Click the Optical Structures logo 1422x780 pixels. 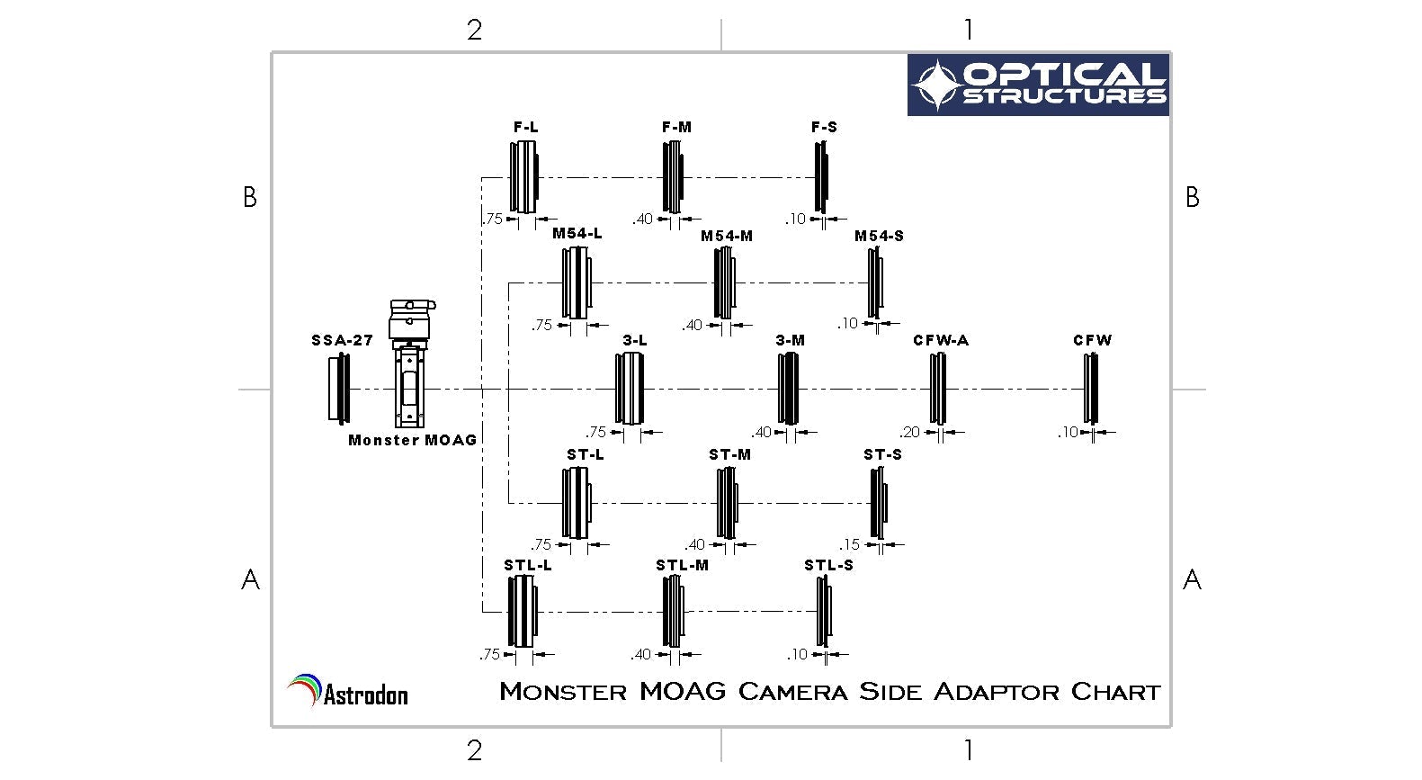click(1038, 85)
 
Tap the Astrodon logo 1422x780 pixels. click(348, 692)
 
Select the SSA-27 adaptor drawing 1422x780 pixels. click(339, 389)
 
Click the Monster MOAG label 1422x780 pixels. click(412, 440)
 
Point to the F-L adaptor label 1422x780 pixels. click(526, 128)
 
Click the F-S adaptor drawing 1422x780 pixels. click(821, 179)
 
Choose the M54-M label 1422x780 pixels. click(727, 236)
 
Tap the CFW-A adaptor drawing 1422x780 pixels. click(938, 389)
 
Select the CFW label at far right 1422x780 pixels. click(1092, 340)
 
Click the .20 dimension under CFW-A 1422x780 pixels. click(910, 432)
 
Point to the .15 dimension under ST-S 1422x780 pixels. click(850, 544)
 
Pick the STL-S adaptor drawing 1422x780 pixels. click(824, 612)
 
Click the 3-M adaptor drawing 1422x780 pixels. click(788, 389)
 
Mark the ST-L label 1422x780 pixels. click(586, 454)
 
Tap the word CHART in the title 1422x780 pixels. click(1115, 692)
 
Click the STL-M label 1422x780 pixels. click(682, 565)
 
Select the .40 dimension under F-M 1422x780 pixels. click(642, 219)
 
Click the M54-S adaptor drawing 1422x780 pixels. click(875, 282)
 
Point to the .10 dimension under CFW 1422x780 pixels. click(1068, 432)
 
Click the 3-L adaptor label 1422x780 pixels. click(635, 340)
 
